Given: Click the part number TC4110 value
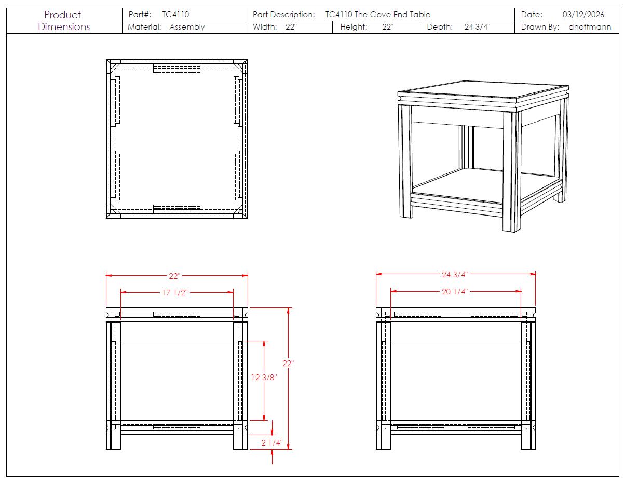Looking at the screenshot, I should tap(175, 15).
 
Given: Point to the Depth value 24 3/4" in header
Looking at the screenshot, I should tap(477, 27).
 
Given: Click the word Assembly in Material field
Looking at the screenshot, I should tap(187, 27).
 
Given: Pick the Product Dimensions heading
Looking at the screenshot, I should tap(63, 21).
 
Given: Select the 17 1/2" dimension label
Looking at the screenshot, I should tap(174, 293).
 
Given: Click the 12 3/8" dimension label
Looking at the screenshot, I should tap(264, 378).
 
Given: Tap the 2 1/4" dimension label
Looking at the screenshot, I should tap(271, 443).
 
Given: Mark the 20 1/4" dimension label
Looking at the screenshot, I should tap(455, 292).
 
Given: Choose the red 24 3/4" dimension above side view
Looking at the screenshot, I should tap(455, 275).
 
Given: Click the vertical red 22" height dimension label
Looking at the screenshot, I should tap(288, 364).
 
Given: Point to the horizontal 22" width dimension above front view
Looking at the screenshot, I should tap(174, 276).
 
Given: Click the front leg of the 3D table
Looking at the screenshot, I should tap(510, 171).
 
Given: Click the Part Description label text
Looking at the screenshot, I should tap(283, 15).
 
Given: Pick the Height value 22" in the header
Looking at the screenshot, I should tap(388, 27).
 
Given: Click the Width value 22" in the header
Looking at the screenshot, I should tap(291, 27).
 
